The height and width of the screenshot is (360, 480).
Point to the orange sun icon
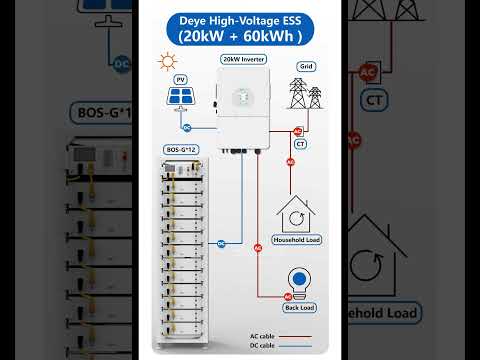168,63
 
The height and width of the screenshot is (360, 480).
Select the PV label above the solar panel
180,78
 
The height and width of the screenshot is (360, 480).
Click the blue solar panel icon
181,97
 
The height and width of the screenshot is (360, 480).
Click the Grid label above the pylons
305,66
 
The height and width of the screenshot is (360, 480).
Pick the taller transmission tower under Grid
299,93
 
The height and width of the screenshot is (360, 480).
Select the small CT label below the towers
300,144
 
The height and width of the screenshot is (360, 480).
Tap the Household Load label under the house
297,240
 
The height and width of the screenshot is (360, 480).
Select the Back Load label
297,309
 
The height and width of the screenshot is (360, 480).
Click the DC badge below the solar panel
186,126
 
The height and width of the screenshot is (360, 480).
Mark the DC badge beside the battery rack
221,243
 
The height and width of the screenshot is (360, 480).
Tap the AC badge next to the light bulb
287,296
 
